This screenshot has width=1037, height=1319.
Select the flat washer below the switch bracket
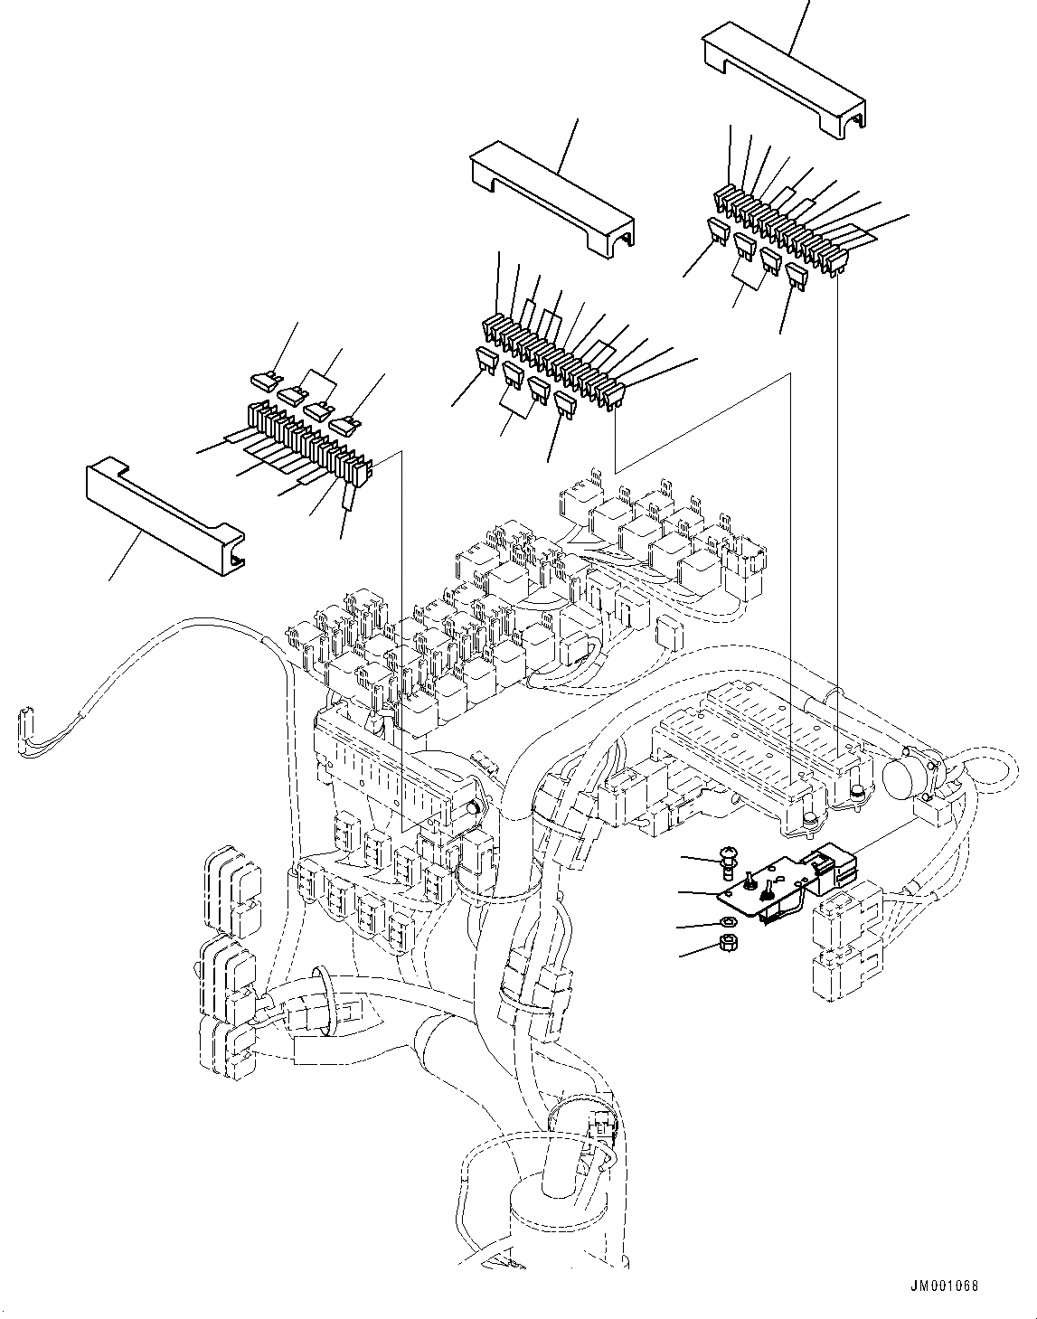click(x=728, y=923)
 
